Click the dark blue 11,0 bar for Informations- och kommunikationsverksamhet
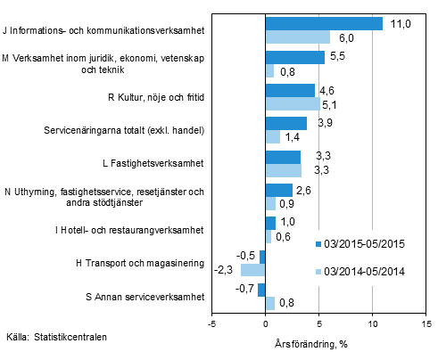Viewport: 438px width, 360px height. (x=324, y=24)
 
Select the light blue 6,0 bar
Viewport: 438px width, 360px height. (x=297, y=37)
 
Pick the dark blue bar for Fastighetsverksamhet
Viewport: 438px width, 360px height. (x=283, y=157)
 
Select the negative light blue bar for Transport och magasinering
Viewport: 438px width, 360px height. (x=252, y=268)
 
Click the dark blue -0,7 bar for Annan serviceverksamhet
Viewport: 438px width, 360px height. (x=261, y=290)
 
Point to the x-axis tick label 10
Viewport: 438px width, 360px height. (x=372, y=324)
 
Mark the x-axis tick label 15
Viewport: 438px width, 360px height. (x=426, y=324)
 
